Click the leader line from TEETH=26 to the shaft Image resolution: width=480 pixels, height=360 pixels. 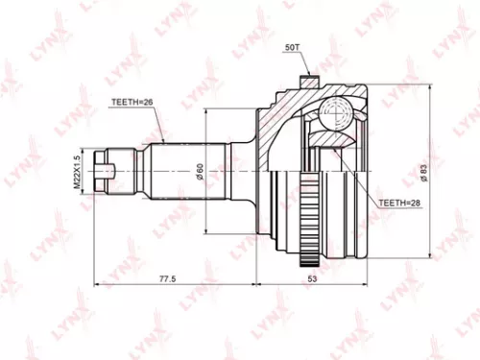tap(159, 128)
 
